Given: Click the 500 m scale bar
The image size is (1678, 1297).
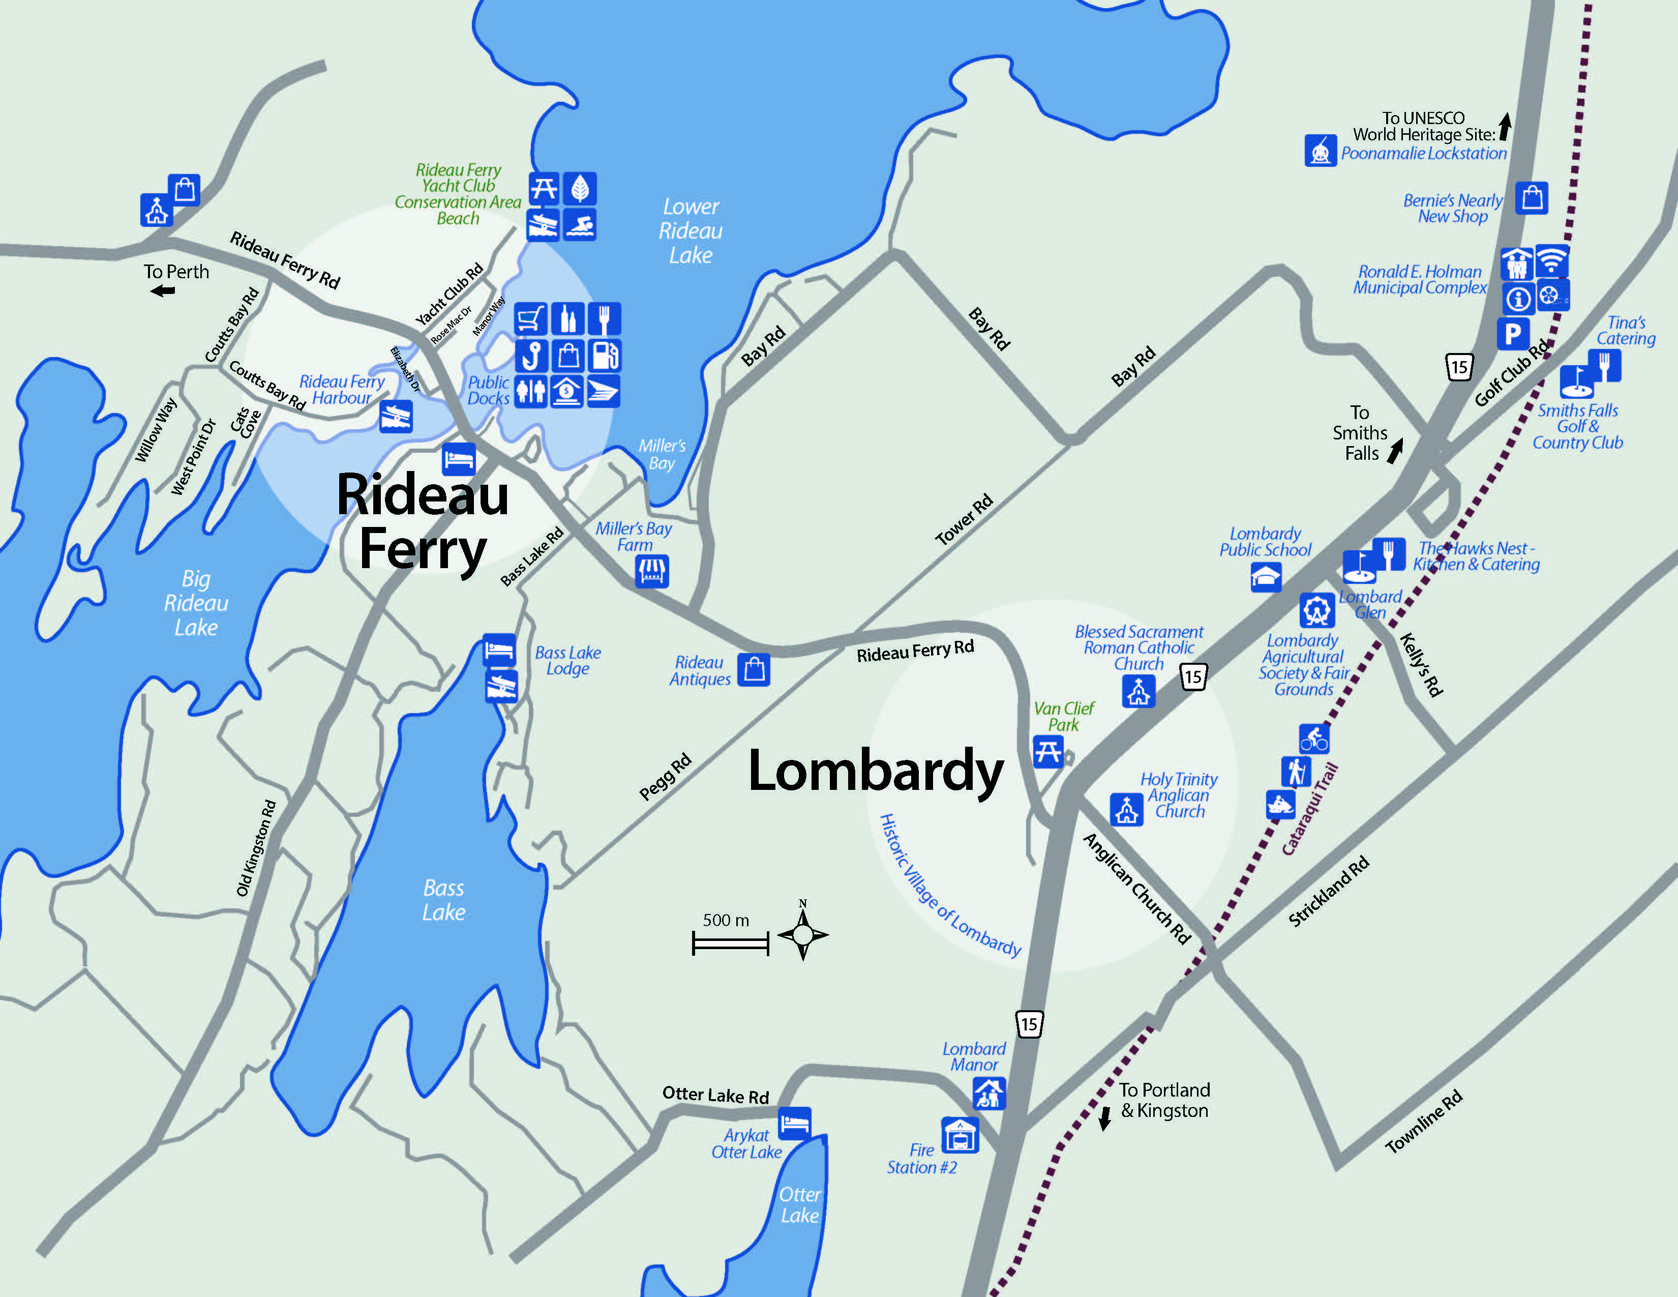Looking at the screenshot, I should pyautogui.click(x=730, y=943).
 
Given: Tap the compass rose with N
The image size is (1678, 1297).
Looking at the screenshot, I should pyautogui.click(x=803, y=934).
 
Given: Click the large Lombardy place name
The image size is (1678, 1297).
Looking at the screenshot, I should pyautogui.click(x=876, y=771).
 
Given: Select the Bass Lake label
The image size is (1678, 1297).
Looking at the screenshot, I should pyautogui.click(x=443, y=900).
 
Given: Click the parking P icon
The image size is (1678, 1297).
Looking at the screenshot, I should pyautogui.click(x=1513, y=334).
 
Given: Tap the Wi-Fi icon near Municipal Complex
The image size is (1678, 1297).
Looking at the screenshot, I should pyautogui.click(x=1552, y=262).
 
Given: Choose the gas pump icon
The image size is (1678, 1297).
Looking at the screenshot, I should pyautogui.click(x=605, y=356).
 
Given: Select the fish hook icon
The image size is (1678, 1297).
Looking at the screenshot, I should pyautogui.click(x=531, y=356).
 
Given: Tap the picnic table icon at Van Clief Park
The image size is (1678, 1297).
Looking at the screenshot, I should pyautogui.click(x=1048, y=751).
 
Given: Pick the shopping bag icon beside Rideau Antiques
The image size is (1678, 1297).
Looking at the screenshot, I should pyautogui.click(x=754, y=669).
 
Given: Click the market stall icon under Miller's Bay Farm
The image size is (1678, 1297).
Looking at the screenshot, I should pyautogui.click(x=651, y=571).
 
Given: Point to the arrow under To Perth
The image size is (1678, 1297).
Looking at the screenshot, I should pyautogui.click(x=163, y=290).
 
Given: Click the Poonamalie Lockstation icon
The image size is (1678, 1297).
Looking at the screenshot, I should pyautogui.click(x=1320, y=150).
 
